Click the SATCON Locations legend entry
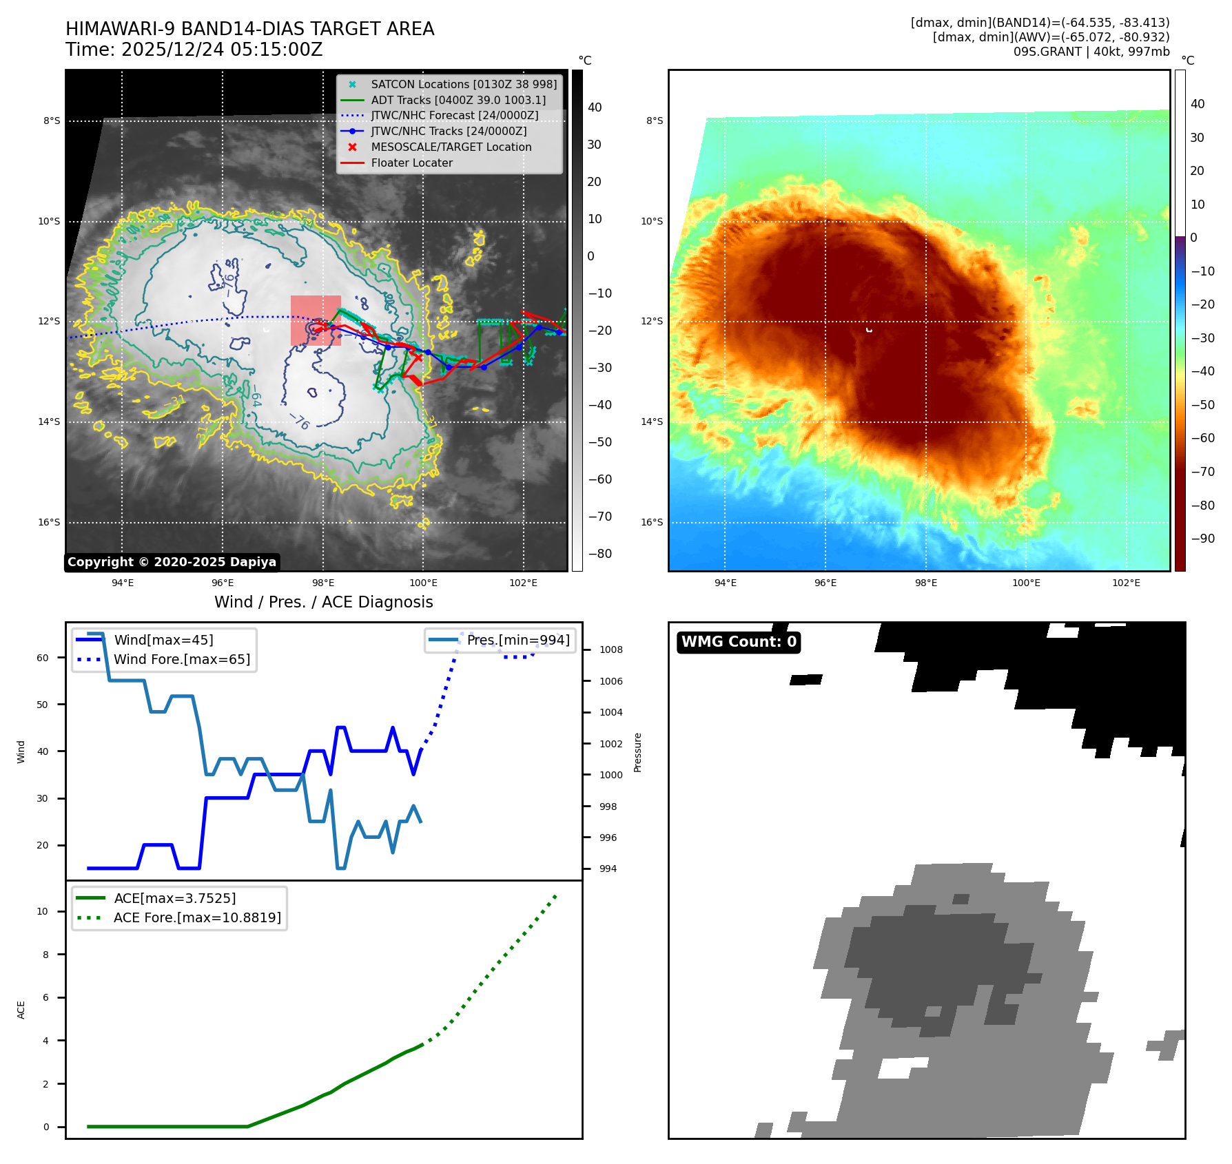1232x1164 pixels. (x=463, y=85)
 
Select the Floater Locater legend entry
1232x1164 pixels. (x=411, y=163)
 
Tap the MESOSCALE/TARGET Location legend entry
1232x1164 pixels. (x=451, y=147)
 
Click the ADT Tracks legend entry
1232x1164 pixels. (x=458, y=101)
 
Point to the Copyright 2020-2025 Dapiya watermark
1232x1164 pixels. (x=172, y=562)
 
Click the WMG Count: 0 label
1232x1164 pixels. (x=739, y=642)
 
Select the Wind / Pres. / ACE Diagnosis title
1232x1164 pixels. (x=323, y=602)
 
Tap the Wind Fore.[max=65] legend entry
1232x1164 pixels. (x=182, y=659)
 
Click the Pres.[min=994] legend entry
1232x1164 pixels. (x=517, y=640)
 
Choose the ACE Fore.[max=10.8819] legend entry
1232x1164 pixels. (x=197, y=917)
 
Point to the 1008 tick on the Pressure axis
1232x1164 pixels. (x=610, y=649)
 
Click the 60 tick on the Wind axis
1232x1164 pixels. (x=43, y=658)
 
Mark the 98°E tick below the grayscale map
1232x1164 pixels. (x=322, y=583)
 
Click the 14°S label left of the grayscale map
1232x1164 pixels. (x=49, y=422)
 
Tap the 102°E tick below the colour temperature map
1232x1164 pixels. (x=1126, y=583)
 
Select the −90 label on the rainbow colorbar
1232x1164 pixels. (x=1202, y=539)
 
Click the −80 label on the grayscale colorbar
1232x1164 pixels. (x=599, y=554)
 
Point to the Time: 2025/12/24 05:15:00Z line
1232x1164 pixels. (x=194, y=50)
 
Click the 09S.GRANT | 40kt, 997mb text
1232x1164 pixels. (x=1091, y=52)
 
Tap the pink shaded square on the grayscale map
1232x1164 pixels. (x=316, y=320)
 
